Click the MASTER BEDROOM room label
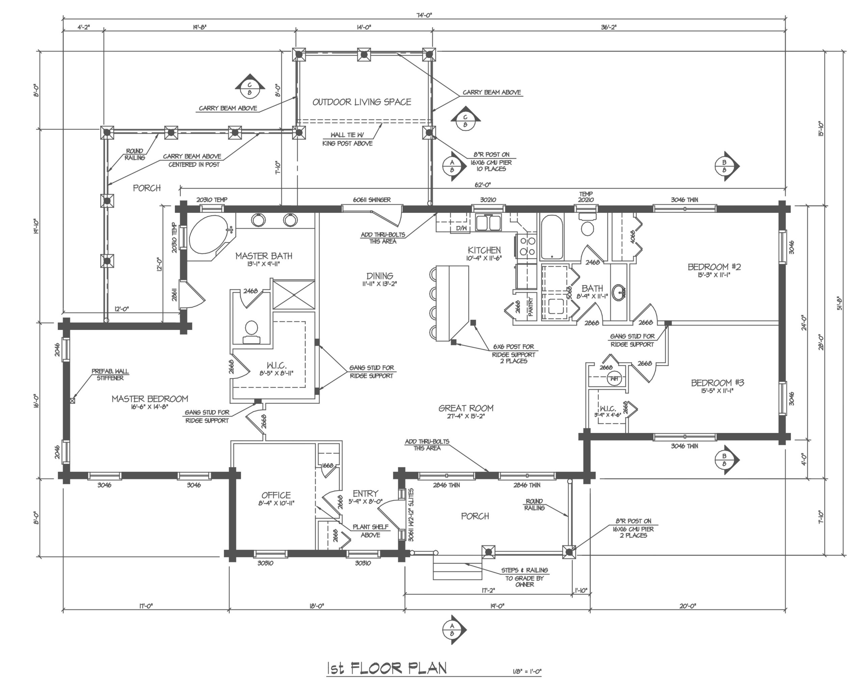click(150, 399)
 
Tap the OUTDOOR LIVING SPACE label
click(362, 102)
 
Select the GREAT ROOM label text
click(466, 408)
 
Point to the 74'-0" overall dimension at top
click(424, 16)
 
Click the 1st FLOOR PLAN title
click(387, 668)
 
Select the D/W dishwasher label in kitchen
click(462, 228)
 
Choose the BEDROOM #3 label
click(717, 383)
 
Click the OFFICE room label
click(276, 495)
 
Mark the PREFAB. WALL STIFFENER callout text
click(110, 375)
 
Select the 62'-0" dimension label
click(483, 185)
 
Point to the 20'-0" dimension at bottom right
click(688, 606)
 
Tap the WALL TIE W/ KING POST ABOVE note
click(347, 139)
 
